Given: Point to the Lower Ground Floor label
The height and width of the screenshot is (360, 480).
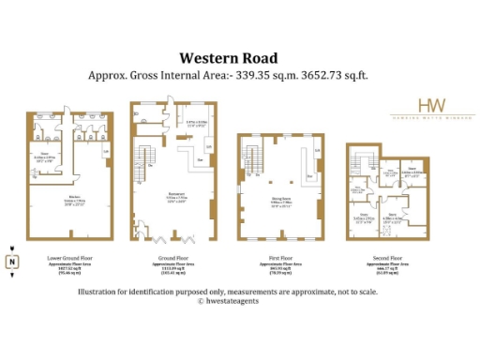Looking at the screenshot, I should tap(63, 256).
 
